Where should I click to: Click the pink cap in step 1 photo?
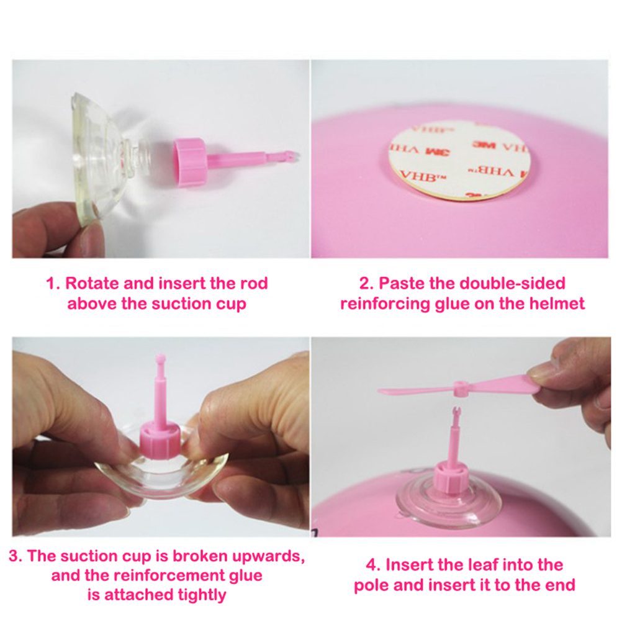tap(189, 162)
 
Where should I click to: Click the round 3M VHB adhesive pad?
tap(459, 160)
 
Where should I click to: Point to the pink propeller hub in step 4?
tap(460, 389)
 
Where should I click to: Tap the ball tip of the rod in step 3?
tap(160, 356)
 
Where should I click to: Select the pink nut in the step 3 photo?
tap(161, 440)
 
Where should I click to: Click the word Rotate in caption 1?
tap(92, 284)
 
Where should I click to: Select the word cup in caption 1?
tap(232, 305)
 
